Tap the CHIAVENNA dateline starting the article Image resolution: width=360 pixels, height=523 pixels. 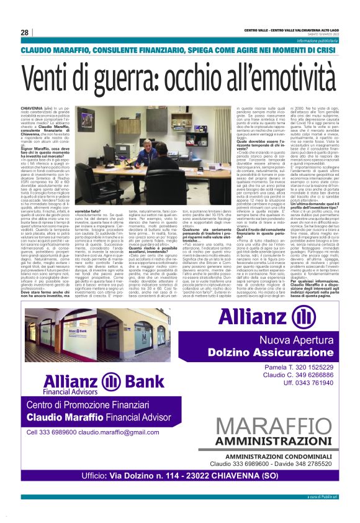32,107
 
